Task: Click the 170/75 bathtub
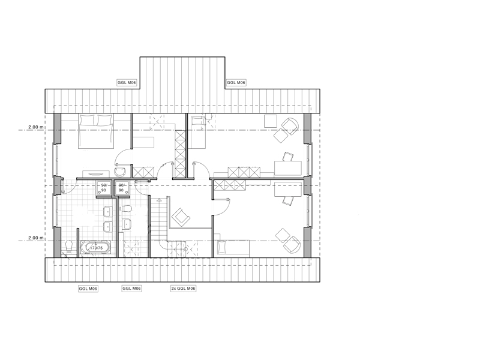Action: (x=95, y=248)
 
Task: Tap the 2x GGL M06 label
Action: (x=183, y=289)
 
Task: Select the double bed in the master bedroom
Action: (x=96, y=131)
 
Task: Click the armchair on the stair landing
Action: (x=181, y=217)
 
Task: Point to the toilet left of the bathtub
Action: (x=69, y=245)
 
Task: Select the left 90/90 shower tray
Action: (x=103, y=188)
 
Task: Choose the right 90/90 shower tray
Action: (x=121, y=188)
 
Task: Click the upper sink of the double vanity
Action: (x=107, y=212)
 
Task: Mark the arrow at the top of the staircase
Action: (x=158, y=199)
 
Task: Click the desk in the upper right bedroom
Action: (x=288, y=168)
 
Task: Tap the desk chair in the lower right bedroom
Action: (x=288, y=201)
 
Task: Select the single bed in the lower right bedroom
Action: (x=233, y=248)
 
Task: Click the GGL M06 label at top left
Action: (x=127, y=83)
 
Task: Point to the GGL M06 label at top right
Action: (x=236, y=83)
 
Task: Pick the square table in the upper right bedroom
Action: (x=271, y=121)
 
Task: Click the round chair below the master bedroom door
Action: (x=119, y=172)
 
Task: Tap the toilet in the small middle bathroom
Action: (x=127, y=209)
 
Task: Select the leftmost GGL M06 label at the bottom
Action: (x=88, y=289)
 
